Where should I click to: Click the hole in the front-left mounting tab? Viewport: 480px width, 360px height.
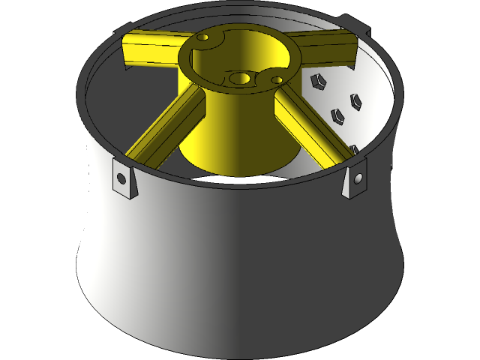pyautogui.click(x=121, y=178)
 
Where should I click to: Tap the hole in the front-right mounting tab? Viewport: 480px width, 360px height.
pyautogui.click(x=358, y=178)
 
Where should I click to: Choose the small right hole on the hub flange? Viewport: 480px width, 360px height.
pyautogui.click(x=277, y=79)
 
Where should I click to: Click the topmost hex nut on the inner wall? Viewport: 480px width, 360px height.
pyautogui.click(x=317, y=80)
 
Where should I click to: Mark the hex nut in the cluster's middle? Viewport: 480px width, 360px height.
pyautogui.click(x=338, y=115)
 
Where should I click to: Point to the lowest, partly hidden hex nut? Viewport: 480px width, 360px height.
pyautogui.click(x=353, y=149)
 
